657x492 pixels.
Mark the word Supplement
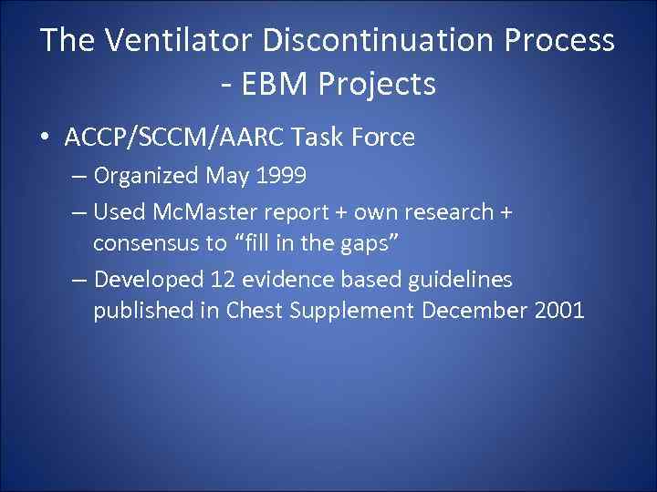coord(352,311)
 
